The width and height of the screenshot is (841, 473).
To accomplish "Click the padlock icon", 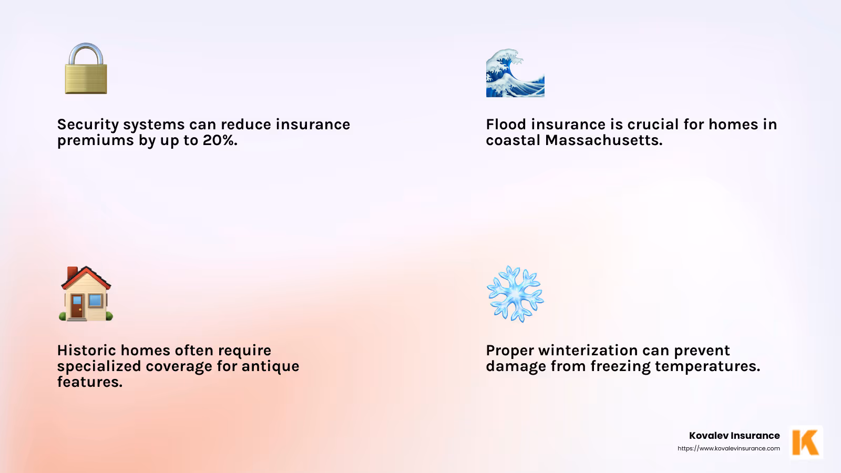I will [x=86, y=69].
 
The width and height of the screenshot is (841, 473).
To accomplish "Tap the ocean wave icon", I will [x=515, y=74].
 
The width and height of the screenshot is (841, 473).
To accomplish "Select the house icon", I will [x=86, y=294].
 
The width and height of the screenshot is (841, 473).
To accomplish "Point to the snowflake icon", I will [x=515, y=294].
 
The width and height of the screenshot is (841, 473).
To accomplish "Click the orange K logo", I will [x=806, y=442].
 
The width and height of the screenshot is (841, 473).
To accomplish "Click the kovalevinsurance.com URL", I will [x=729, y=448].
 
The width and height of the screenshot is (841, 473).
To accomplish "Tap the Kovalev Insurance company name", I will [x=734, y=436].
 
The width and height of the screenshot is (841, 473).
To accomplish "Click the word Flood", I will [x=506, y=125].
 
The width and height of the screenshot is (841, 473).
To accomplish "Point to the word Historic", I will [x=86, y=351].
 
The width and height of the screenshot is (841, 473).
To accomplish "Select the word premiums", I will [x=95, y=141].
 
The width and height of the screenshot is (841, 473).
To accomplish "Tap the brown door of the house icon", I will [x=77, y=307].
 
